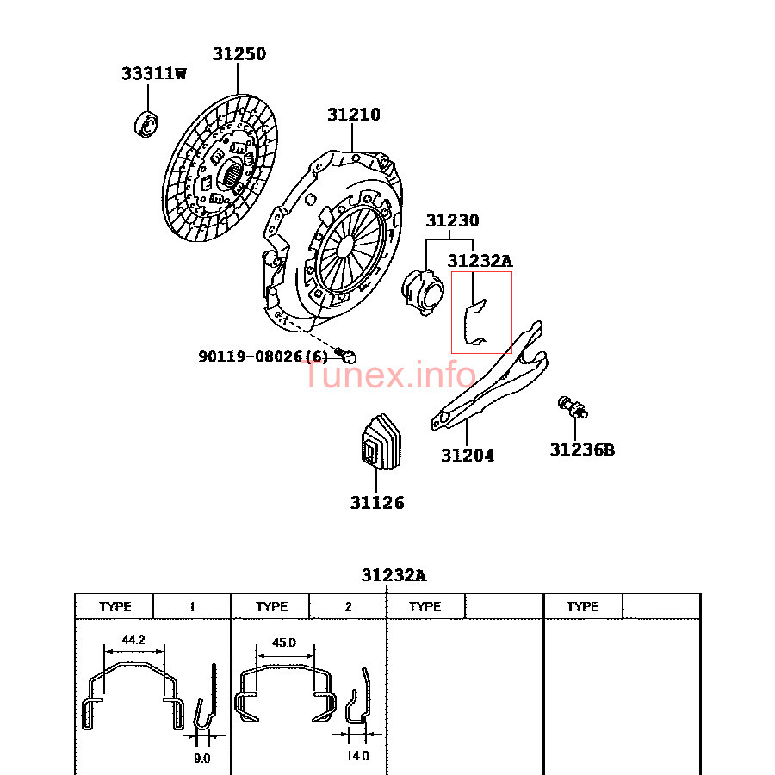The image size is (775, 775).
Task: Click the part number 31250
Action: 239,53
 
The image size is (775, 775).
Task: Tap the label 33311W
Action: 154,73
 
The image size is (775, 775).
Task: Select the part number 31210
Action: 354,115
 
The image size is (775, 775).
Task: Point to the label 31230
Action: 452,220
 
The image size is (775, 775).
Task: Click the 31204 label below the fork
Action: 467,455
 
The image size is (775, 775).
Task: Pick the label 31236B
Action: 582,449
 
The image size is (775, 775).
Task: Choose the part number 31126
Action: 377,502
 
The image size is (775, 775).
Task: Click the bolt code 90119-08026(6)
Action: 263,356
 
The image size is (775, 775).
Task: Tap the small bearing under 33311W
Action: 146,124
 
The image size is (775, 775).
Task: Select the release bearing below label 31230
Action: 423,292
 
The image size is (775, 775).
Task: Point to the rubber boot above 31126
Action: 381,442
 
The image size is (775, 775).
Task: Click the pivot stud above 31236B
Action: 573,407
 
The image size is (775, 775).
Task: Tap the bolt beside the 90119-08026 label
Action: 346,355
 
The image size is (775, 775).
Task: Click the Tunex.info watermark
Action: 390,375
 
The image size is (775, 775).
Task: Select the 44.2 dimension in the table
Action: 133,640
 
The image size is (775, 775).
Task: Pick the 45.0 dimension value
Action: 284,642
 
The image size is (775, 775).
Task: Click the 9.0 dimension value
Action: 201,758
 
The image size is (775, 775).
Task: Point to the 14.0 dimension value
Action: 357,755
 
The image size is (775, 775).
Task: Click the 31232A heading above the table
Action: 394,575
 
